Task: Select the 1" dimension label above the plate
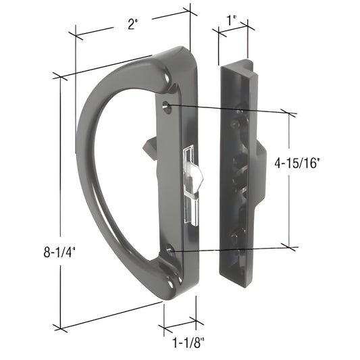(232, 21)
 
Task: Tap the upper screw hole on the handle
(168, 105)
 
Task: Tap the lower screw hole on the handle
(170, 251)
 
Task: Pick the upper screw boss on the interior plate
(239, 109)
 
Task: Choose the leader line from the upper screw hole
(230, 109)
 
